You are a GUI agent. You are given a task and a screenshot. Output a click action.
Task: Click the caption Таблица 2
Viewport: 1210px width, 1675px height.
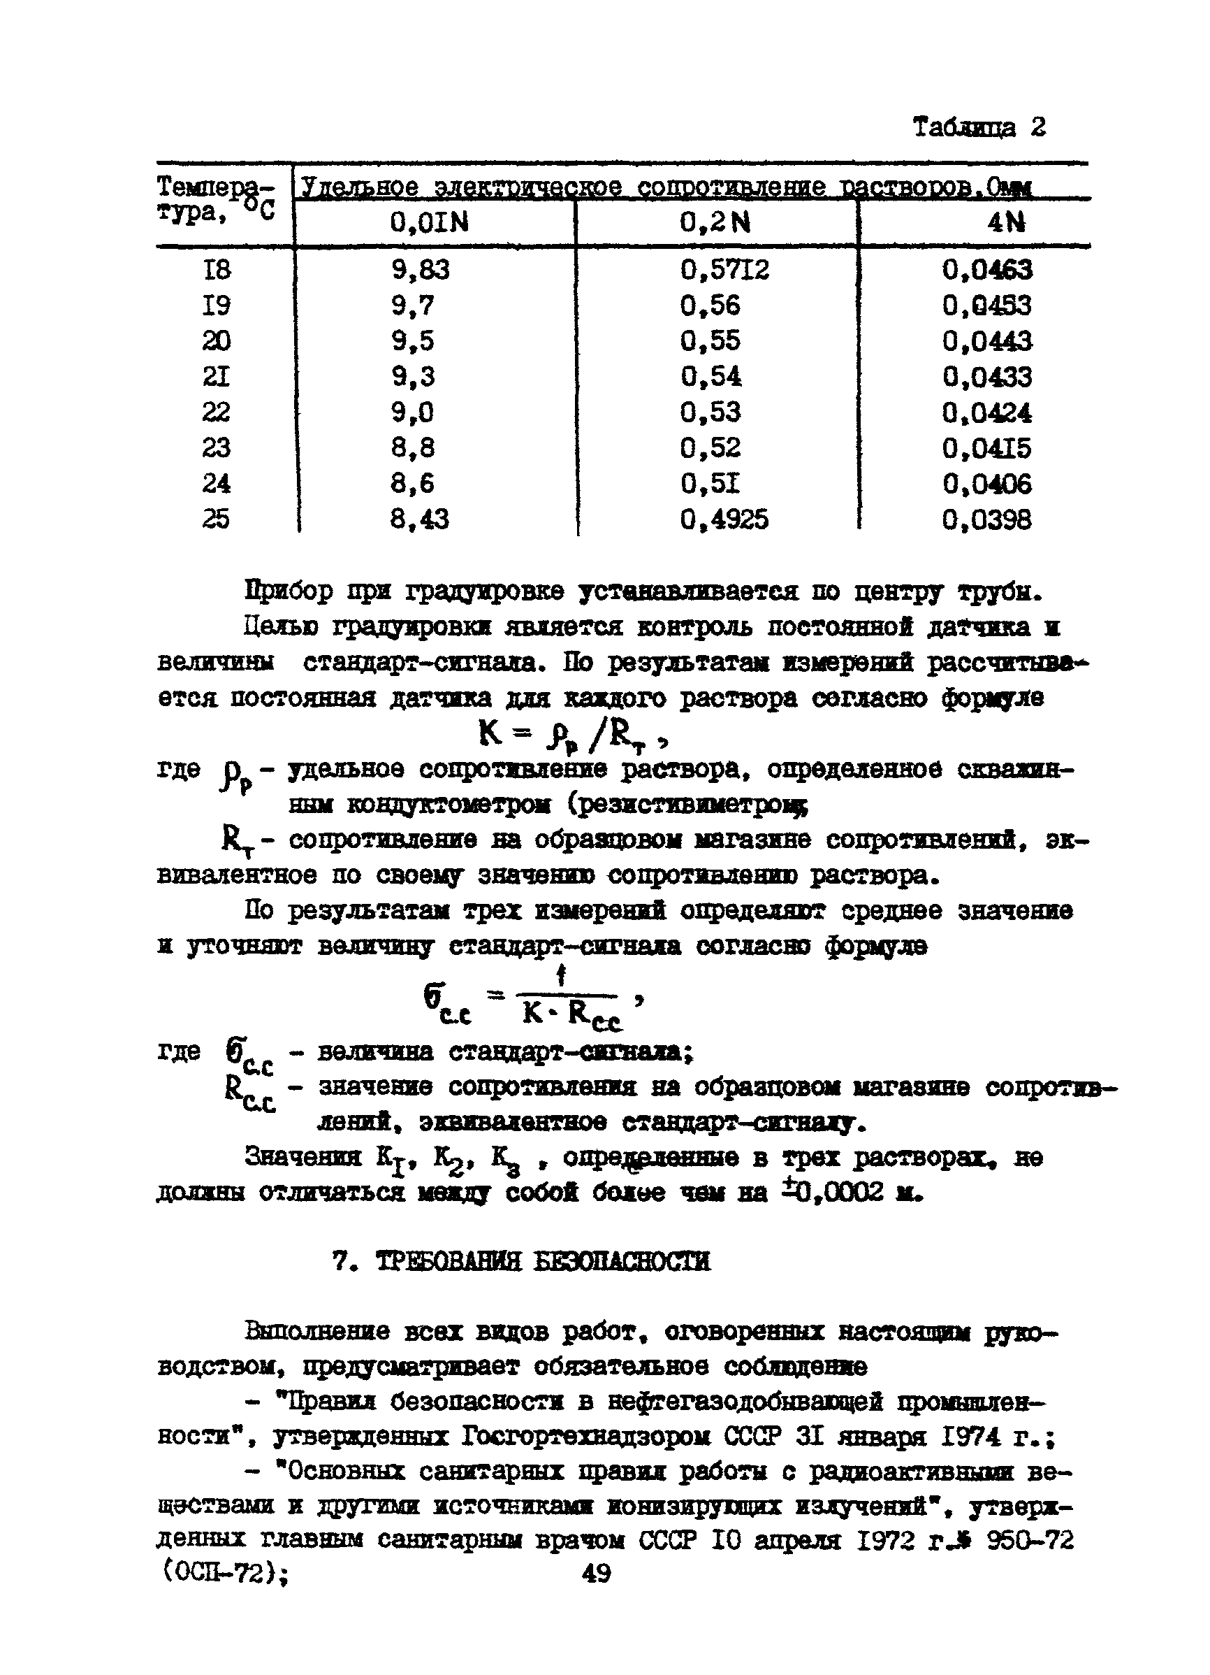coord(979,128)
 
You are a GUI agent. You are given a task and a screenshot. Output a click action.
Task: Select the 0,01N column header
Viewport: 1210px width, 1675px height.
coord(430,222)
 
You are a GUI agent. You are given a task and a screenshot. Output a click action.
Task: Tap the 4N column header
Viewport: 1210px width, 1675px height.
coord(1005,222)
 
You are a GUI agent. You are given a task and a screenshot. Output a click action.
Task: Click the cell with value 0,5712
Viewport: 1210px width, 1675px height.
coord(724,271)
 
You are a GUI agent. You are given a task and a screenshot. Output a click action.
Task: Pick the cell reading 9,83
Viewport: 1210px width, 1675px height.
coord(420,271)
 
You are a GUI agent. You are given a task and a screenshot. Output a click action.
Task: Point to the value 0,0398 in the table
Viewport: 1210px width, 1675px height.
coord(986,521)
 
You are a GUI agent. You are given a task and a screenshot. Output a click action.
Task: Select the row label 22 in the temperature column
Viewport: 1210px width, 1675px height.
coord(217,412)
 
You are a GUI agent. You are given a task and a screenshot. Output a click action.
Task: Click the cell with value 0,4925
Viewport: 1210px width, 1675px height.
coord(724,520)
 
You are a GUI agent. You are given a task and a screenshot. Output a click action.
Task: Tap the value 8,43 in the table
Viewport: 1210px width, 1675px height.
coord(419,520)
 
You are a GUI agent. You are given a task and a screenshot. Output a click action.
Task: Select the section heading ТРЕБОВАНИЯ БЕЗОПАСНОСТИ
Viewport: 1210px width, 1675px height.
coord(543,1261)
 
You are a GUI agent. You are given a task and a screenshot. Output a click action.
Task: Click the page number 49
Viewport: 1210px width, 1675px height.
coord(597,1574)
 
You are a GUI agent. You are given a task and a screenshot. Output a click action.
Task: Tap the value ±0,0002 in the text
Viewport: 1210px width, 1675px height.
coord(832,1193)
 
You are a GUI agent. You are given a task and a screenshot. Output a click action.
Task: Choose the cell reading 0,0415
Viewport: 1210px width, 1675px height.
coord(986,448)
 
